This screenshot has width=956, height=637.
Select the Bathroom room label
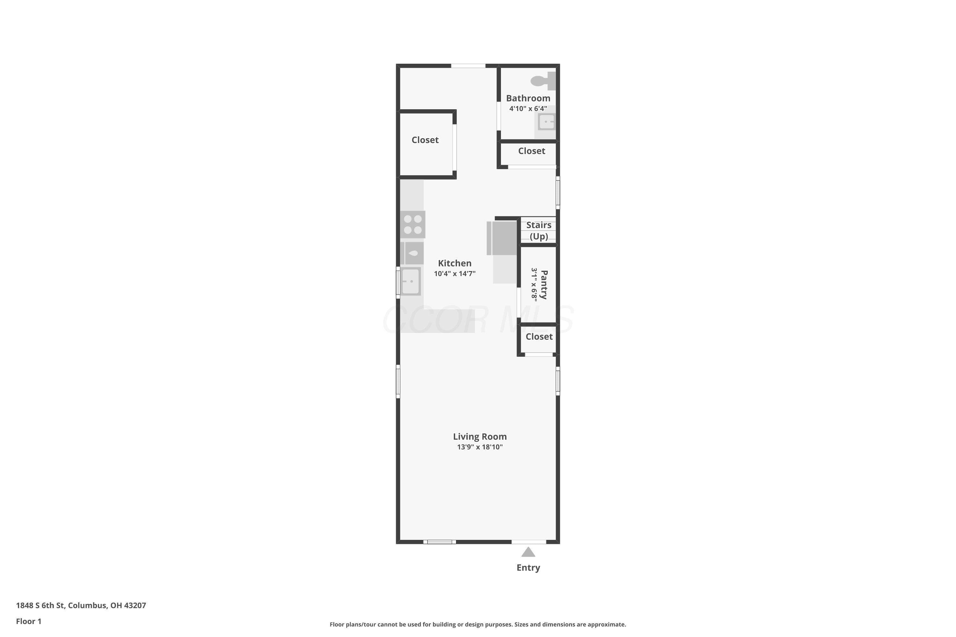click(528, 98)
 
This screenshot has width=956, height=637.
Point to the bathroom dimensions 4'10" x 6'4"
click(528, 109)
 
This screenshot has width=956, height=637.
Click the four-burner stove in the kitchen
click(413, 224)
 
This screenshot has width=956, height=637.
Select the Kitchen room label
click(454, 263)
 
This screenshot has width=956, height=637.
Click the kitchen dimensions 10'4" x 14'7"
click(454, 273)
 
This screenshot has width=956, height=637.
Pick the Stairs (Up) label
click(539, 230)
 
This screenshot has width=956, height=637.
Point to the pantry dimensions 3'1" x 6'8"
click(534, 284)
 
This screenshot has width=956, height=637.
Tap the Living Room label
click(480, 436)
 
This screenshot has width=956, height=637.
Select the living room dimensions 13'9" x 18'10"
click(480, 447)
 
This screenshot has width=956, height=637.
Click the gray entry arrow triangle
click(528, 552)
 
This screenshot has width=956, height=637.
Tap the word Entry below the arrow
click(528, 568)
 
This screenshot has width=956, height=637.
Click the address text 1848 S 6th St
click(40, 605)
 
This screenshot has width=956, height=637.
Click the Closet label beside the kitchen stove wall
click(425, 140)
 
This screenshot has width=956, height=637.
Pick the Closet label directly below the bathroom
click(531, 151)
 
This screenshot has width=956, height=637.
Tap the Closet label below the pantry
click(539, 336)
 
